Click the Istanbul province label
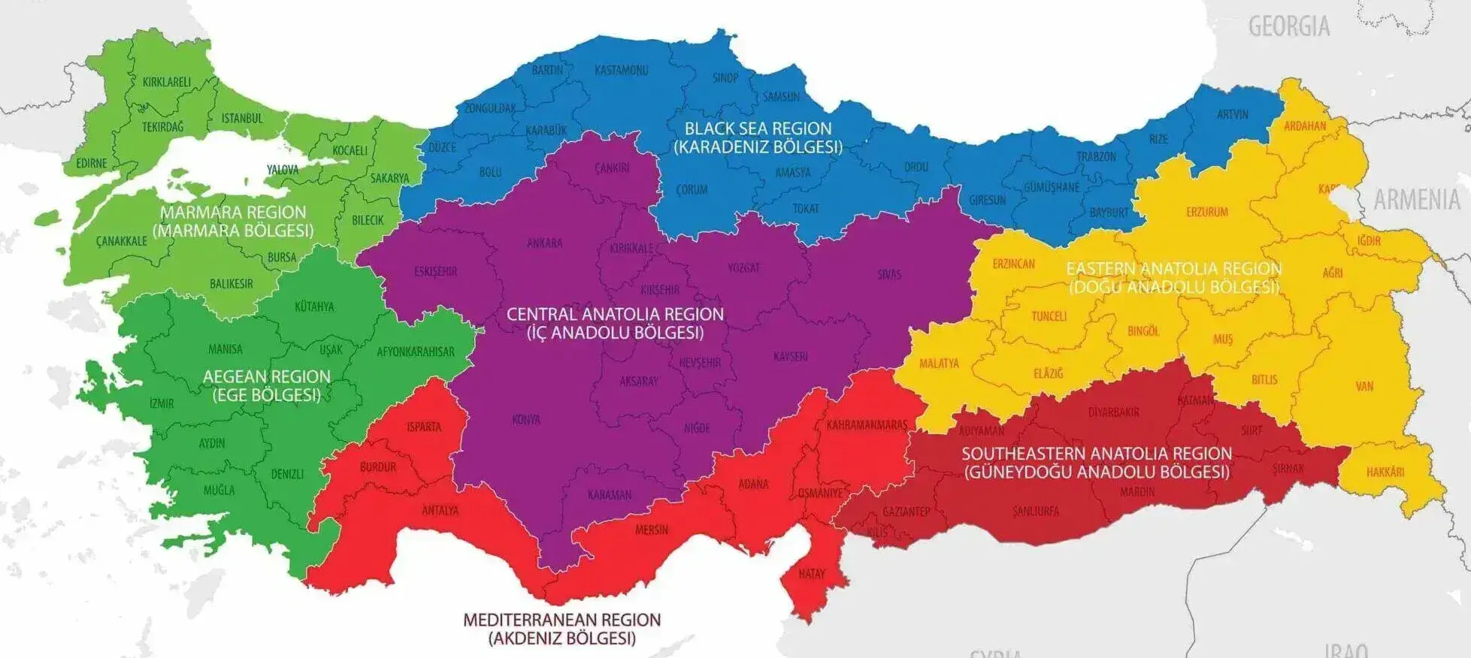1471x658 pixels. pyautogui.click(x=242, y=119)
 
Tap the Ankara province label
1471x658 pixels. pyautogui.click(x=544, y=243)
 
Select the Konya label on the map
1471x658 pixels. pyautogui.click(x=526, y=420)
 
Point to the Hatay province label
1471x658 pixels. pyautogui.click(x=812, y=574)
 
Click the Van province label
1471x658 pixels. pyautogui.click(x=1364, y=387)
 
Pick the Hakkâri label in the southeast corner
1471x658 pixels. pyautogui.click(x=1385, y=472)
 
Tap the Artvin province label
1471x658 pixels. pyautogui.click(x=1232, y=115)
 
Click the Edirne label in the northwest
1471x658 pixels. pyautogui.click(x=92, y=163)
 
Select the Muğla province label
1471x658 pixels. pyautogui.click(x=219, y=490)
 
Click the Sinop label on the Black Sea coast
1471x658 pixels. pyautogui.click(x=725, y=78)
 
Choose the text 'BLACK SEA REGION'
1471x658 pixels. pyautogui.click(x=758, y=128)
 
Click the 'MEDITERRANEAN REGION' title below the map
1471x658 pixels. pyautogui.click(x=561, y=620)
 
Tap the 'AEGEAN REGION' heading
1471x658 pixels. pyautogui.click(x=267, y=377)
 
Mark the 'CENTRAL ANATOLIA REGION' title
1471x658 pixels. pyautogui.click(x=615, y=315)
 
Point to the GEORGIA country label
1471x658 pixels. pyautogui.click(x=1289, y=27)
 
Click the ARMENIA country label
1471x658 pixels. pyautogui.click(x=1416, y=200)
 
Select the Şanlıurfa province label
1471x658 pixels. pyautogui.click(x=1036, y=512)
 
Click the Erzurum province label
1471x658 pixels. pyautogui.click(x=1207, y=213)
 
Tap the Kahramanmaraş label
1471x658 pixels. pyautogui.click(x=867, y=425)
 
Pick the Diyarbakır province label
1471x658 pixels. pyautogui.click(x=1114, y=412)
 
